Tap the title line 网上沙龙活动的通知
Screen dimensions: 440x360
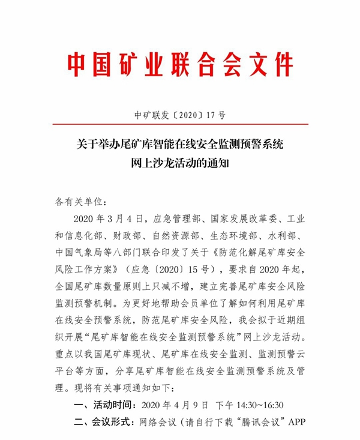coord(180,162)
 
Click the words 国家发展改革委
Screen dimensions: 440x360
coord(242,217)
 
